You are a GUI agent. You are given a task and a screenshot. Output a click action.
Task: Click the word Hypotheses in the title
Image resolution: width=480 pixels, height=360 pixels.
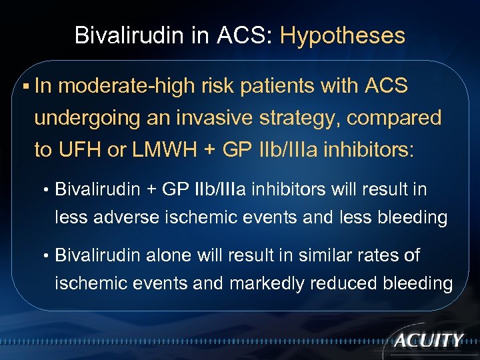(x=342, y=35)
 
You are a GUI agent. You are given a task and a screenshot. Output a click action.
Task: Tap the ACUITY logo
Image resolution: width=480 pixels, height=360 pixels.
(x=428, y=340)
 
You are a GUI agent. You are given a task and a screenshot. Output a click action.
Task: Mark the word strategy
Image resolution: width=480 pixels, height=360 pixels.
(x=304, y=119)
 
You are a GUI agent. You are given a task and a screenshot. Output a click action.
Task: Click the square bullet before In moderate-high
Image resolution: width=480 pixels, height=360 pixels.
(x=25, y=87)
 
